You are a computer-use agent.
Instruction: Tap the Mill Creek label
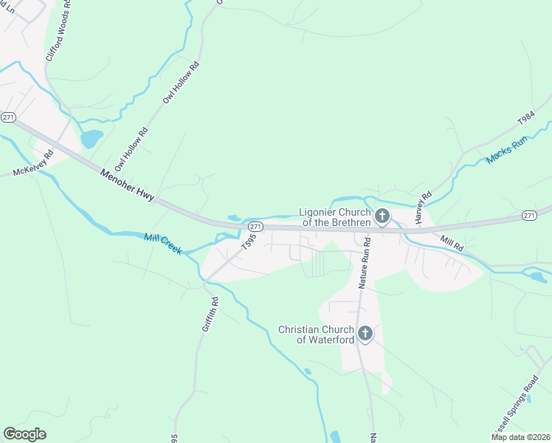point(162,244)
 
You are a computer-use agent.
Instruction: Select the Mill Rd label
point(452,242)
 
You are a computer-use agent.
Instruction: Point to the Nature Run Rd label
point(364,266)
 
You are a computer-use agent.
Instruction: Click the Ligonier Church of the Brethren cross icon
point(382,216)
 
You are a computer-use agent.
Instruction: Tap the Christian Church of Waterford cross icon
point(365,334)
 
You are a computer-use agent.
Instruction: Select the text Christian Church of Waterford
point(315,334)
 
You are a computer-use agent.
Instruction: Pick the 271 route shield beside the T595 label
point(255,226)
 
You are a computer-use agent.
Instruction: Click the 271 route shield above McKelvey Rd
point(8,117)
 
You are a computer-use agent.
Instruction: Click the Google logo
point(25,433)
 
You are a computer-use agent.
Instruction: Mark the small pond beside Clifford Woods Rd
point(91,138)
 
